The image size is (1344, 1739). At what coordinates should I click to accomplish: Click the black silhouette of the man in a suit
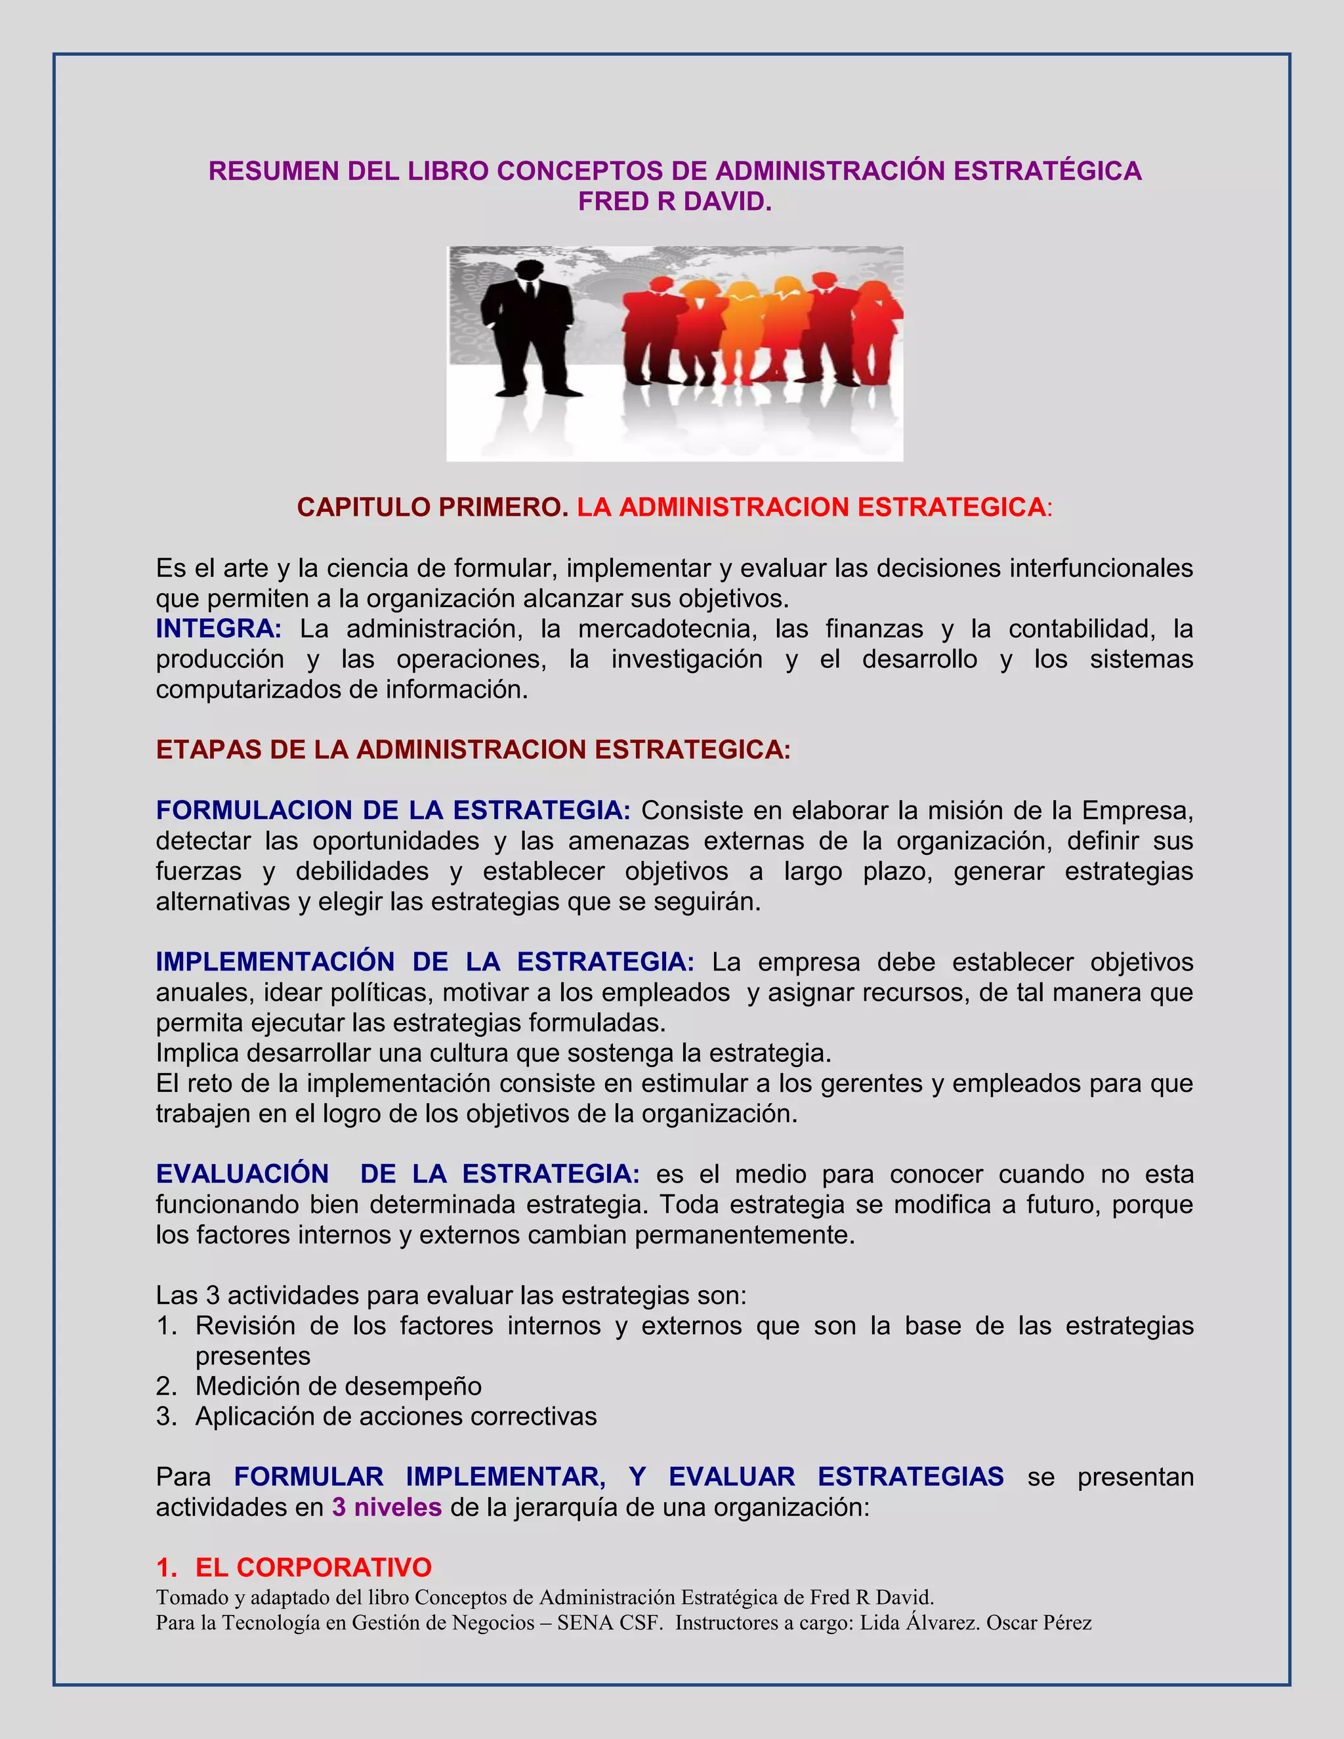527,326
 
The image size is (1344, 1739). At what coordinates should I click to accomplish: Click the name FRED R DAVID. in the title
675,202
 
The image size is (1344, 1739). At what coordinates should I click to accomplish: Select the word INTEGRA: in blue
218,629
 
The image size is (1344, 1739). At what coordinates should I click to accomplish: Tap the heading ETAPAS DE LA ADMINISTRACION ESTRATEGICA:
473,750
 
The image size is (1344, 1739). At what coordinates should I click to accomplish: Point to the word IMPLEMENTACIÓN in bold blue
275,962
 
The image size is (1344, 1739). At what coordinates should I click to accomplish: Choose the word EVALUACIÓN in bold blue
242,1174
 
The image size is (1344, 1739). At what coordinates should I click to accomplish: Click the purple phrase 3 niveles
387,1507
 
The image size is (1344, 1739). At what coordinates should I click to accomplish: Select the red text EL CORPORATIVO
313,1568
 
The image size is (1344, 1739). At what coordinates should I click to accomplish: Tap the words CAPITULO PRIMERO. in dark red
432,507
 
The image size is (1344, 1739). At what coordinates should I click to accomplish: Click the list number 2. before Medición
167,1386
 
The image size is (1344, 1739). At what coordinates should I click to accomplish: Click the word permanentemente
744,1235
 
